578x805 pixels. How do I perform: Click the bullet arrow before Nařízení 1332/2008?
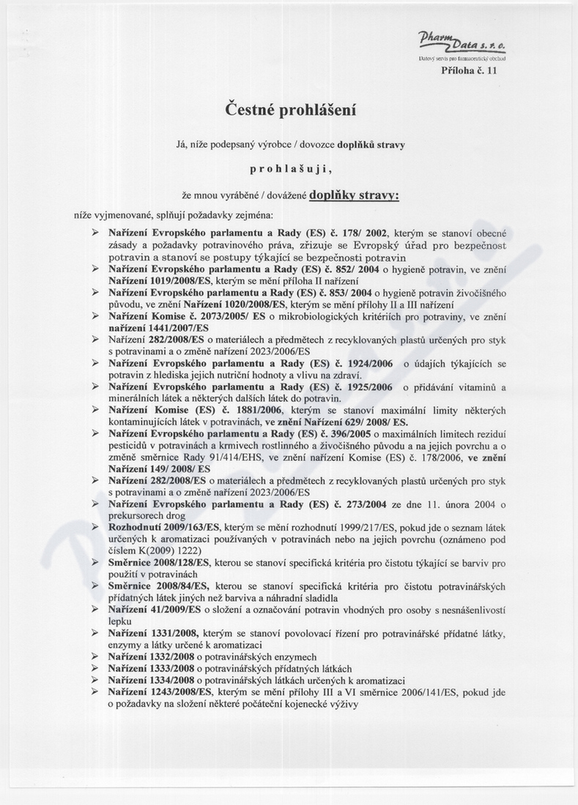tap(95, 656)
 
